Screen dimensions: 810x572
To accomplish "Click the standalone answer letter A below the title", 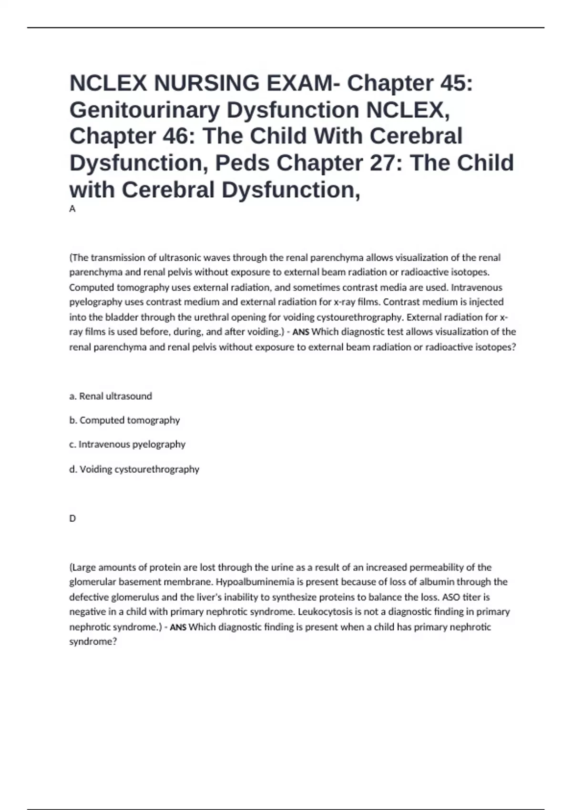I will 72,209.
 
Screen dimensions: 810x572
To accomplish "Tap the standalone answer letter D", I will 72,518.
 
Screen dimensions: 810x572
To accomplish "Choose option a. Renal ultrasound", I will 111,396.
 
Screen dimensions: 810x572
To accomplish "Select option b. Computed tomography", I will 124,420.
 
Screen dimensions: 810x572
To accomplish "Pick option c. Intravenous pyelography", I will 127,444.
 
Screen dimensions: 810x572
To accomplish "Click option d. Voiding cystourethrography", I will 134,469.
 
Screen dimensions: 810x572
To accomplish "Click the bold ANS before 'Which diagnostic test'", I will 300,332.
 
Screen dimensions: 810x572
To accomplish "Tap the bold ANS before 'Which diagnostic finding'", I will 178,628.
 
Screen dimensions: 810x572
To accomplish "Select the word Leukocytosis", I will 323,612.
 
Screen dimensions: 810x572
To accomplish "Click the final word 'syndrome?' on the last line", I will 93,642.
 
